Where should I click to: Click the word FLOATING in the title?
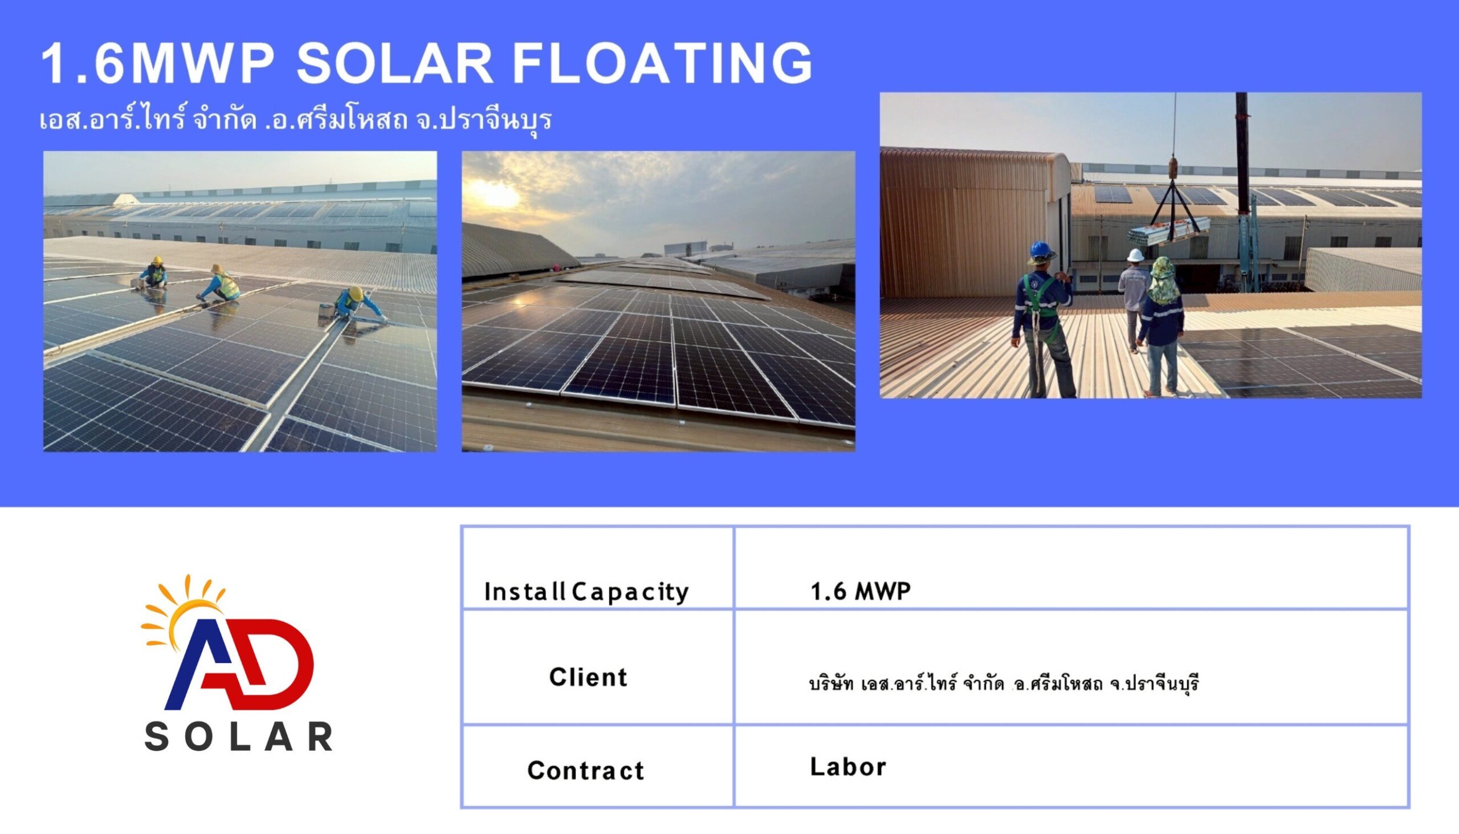(662, 63)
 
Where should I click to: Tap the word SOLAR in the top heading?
(394, 63)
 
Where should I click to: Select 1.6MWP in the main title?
(156, 63)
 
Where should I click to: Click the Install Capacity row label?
(586, 592)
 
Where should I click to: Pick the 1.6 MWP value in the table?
(860, 591)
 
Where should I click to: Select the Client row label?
(588, 677)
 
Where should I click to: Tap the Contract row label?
(586, 770)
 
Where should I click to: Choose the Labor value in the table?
(848, 766)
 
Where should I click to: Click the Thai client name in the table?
(1004, 683)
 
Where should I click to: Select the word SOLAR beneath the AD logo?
(238, 737)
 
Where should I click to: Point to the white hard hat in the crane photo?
(1135, 255)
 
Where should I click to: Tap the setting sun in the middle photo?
(494, 195)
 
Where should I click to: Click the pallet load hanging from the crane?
(1169, 231)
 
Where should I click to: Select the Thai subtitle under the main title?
(295, 120)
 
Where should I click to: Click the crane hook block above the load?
(1173, 167)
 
